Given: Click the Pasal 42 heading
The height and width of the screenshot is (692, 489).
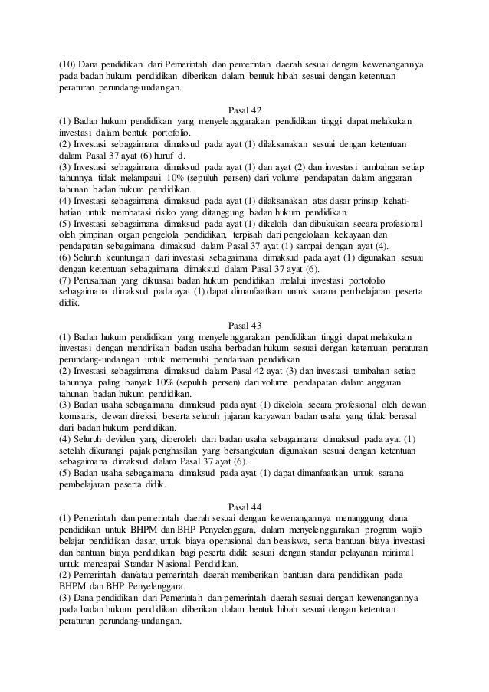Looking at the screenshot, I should pos(244,110).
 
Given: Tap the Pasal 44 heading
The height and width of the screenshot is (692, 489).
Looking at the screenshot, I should pos(244,506).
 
